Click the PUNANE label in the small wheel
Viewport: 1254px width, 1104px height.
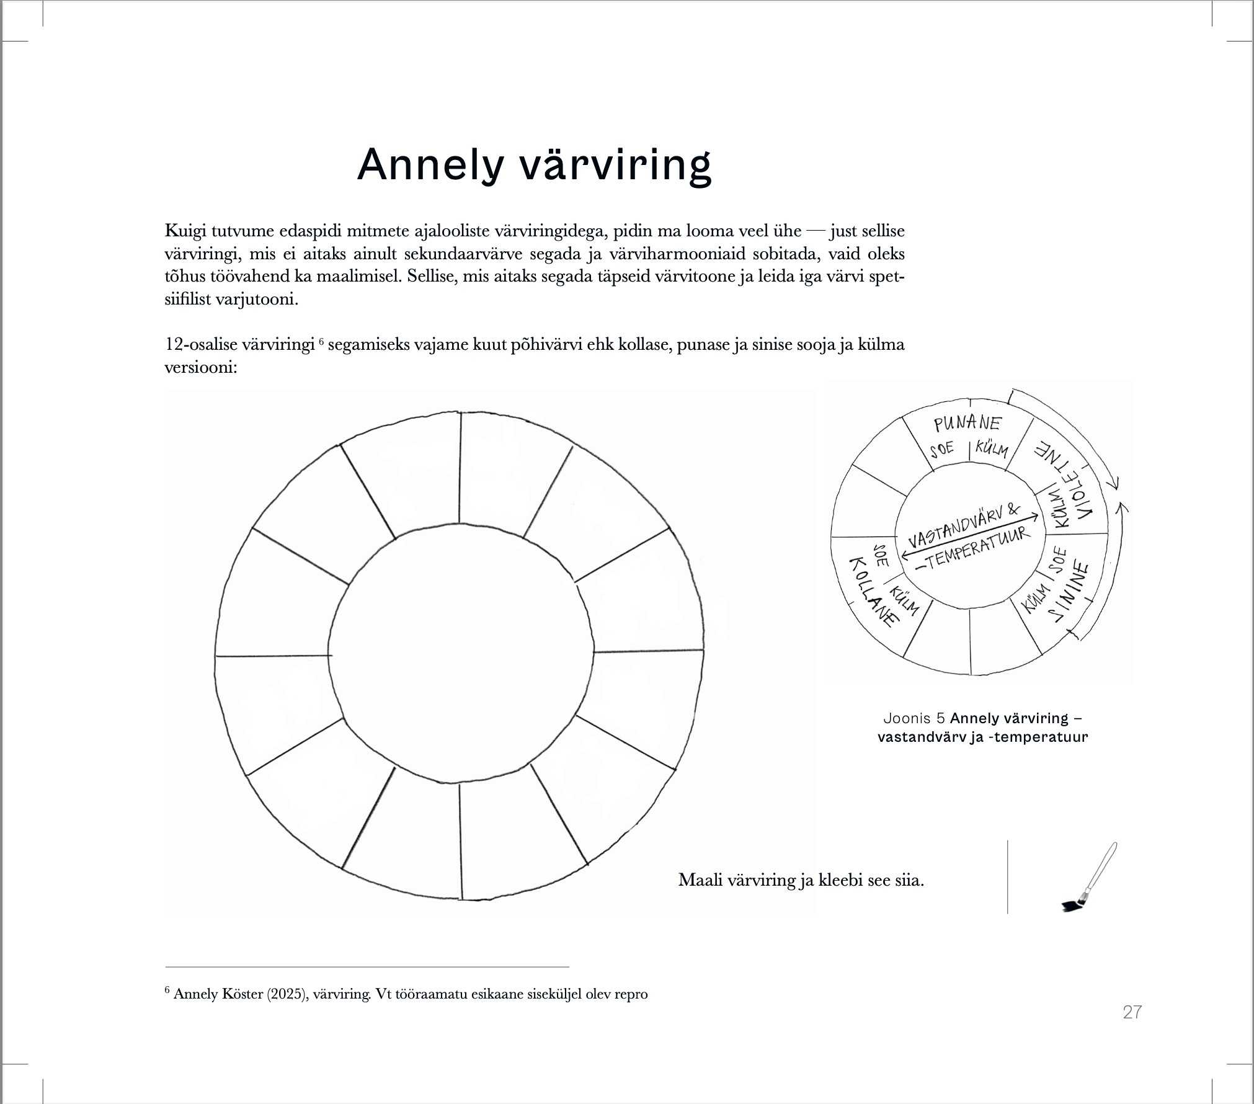(967, 424)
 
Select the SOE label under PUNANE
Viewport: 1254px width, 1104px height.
(941, 448)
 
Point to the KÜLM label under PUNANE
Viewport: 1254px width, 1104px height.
(992, 449)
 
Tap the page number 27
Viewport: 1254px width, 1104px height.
(1132, 1012)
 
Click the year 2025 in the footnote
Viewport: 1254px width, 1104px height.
(287, 994)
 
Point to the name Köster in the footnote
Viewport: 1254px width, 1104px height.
(242, 994)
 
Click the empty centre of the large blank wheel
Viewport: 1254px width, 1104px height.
(460, 655)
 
